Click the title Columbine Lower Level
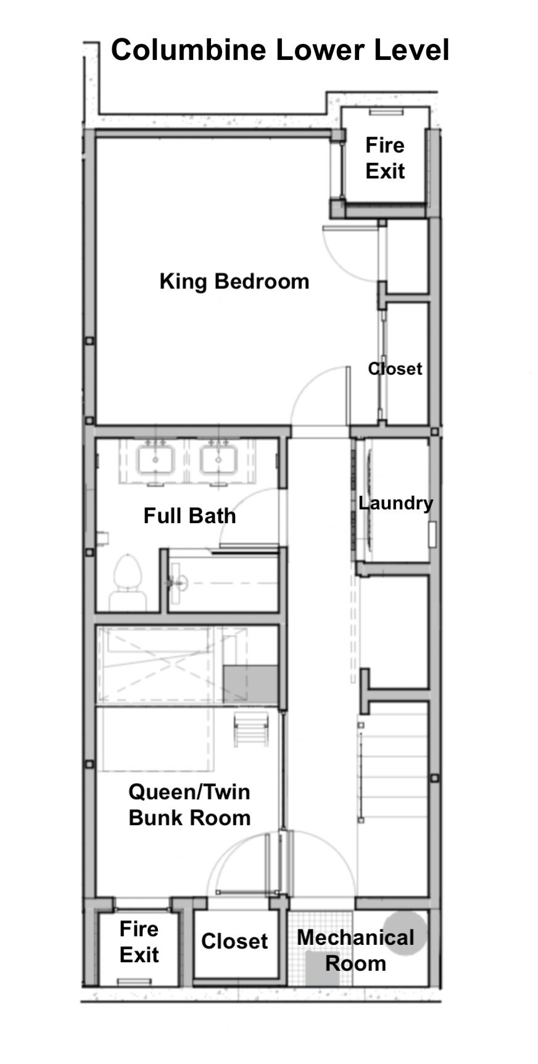click(x=279, y=51)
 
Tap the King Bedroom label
click(x=234, y=281)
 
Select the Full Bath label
click(x=189, y=515)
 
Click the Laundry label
click(x=395, y=503)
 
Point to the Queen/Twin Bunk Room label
click(x=189, y=805)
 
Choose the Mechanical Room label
click(x=355, y=950)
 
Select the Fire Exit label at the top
click(x=385, y=158)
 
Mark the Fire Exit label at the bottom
click(x=139, y=942)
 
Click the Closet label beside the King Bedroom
click(x=395, y=369)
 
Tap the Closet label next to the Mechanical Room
click(x=234, y=941)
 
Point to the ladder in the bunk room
click(x=251, y=728)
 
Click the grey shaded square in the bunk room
click(x=250, y=685)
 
